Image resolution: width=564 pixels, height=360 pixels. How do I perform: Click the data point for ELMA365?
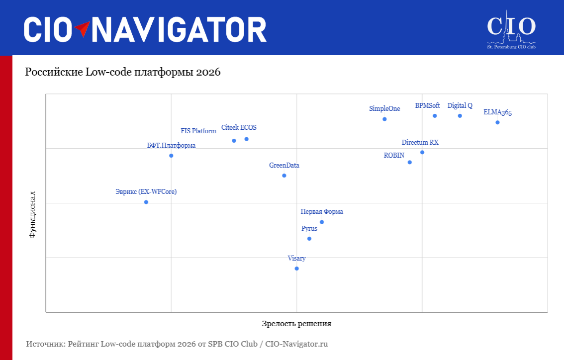tap(497, 123)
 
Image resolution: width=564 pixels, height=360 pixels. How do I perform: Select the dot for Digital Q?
tap(460, 116)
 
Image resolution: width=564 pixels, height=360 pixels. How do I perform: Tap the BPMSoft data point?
tap(435, 116)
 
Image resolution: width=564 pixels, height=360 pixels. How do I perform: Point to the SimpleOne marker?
tap(384, 119)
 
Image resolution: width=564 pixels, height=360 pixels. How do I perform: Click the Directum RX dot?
tap(422, 153)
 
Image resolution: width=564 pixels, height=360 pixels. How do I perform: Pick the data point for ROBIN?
tap(410, 162)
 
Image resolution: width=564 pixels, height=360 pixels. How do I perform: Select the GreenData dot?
tap(284, 176)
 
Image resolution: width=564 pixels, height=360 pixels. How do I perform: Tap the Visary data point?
tap(297, 269)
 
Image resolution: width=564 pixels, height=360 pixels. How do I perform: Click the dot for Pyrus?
tap(309, 239)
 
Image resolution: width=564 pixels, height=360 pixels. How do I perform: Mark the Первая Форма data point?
tap(322, 222)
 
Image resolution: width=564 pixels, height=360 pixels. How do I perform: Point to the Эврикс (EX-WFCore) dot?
tap(146, 202)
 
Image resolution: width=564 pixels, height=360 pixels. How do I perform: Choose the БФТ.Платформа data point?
tap(171, 156)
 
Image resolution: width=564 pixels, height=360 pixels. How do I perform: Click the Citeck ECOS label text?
tap(239, 127)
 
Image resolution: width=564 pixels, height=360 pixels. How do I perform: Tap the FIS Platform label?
tap(198, 131)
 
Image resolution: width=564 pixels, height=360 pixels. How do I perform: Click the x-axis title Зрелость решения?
tap(296, 324)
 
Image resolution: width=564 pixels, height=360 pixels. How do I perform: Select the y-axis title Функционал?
tap(32, 215)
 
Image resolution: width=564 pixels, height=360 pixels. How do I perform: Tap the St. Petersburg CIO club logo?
tap(511, 30)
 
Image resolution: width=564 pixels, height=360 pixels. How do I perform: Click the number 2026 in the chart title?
tap(208, 72)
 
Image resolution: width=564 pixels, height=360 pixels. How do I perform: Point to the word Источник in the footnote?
tap(45, 344)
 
